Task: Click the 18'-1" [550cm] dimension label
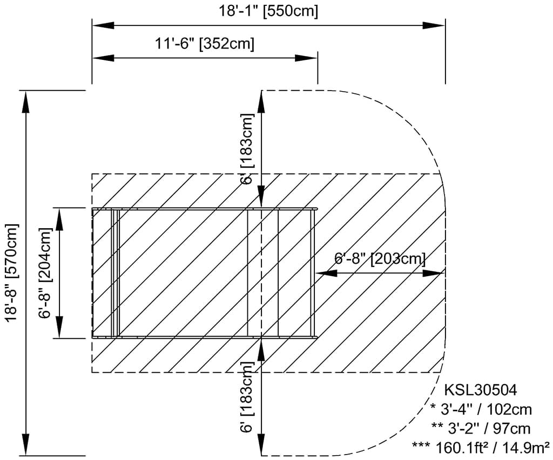(268, 11)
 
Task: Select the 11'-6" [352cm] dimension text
(205, 44)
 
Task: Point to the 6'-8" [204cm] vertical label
(46, 273)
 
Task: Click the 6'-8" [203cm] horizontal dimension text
(380, 259)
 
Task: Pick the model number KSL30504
(480, 390)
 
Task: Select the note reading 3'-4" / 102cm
(481, 409)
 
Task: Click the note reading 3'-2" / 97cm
(481, 428)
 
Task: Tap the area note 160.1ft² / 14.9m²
(481, 447)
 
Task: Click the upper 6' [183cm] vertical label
(247, 149)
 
